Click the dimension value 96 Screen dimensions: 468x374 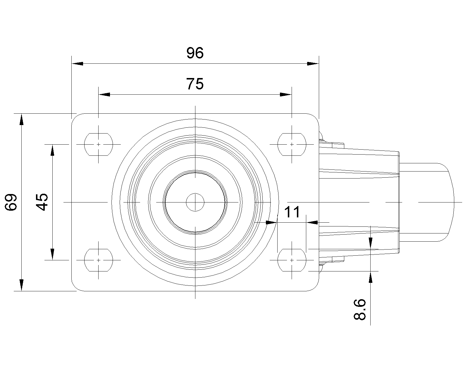click(x=195, y=53)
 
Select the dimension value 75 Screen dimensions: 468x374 click(x=195, y=84)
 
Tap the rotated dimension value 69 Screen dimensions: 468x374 click(x=11, y=202)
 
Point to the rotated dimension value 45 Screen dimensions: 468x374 click(x=42, y=202)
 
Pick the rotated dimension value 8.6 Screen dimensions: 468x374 click(x=360, y=310)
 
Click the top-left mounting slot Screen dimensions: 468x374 click(x=99, y=145)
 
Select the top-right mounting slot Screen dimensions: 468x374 click(x=292, y=145)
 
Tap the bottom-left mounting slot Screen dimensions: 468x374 click(x=99, y=260)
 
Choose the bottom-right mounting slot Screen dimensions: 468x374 click(x=292, y=260)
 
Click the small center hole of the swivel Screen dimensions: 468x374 click(x=195, y=202)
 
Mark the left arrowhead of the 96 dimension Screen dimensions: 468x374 click(x=78, y=64)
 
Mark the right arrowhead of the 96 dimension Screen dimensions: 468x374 click(x=313, y=64)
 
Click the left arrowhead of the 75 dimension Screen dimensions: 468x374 click(x=104, y=95)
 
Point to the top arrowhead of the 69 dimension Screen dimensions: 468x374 click(x=21, y=119)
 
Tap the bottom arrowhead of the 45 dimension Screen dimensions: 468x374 click(x=52, y=254)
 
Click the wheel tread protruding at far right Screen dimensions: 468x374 click(x=427, y=202)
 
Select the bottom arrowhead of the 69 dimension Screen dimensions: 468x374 click(x=21, y=285)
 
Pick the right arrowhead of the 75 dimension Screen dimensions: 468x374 click(x=286, y=95)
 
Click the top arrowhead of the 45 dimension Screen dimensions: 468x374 click(x=52, y=150)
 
